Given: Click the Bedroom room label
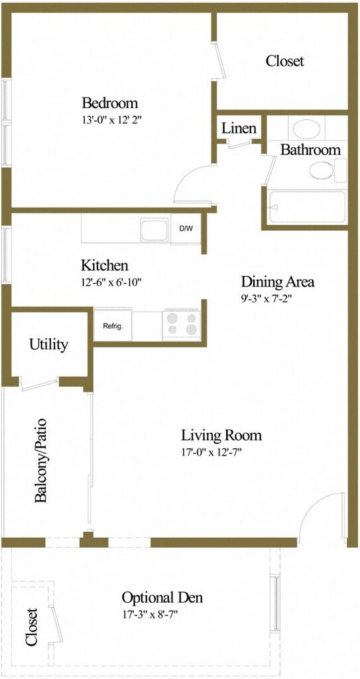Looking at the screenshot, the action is point(110,103).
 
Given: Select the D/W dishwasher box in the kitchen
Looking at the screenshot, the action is point(187,228).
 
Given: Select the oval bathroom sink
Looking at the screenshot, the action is point(307,129).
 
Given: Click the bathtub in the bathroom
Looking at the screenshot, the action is point(307,208).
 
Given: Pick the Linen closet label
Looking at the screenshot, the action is point(239,129).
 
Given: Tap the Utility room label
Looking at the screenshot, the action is point(48,345).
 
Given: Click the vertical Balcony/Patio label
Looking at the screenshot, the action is point(40,461).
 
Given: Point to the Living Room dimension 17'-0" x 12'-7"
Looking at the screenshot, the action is point(211,453).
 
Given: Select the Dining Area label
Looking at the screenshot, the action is point(277,282).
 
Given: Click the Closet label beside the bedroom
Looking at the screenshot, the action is point(284,60).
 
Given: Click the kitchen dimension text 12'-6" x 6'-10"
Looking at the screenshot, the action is point(112,282).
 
